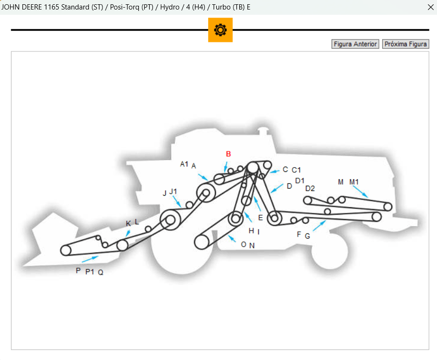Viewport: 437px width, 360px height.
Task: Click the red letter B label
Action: pyautogui.click(x=228, y=154)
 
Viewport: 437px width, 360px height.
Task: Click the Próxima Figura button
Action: pyautogui.click(x=406, y=44)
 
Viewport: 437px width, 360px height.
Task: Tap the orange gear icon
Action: pyautogui.click(x=220, y=30)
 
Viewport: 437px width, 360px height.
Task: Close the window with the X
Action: pyautogui.click(x=431, y=7)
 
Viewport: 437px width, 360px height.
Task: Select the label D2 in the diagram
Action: pyautogui.click(x=310, y=189)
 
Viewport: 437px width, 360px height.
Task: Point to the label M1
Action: pyautogui.click(x=354, y=182)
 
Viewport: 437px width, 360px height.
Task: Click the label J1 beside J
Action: pyautogui.click(x=173, y=191)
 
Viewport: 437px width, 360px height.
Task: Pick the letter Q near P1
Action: pyautogui.click(x=101, y=272)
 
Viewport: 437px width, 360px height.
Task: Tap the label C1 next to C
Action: pyautogui.click(x=296, y=170)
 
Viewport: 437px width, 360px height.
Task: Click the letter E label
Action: pyautogui.click(x=261, y=218)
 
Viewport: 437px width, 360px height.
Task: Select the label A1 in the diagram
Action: pyautogui.click(x=184, y=164)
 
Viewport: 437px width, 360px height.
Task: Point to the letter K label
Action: pyautogui.click(x=128, y=224)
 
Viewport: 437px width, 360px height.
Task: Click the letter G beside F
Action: pyautogui.click(x=307, y=236)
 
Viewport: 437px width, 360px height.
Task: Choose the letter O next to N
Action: pyautogui.click(x=244, y=244)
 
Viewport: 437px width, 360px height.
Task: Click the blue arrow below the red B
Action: pyautogui.click(x=226, y=167)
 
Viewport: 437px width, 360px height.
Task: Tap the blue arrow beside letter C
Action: pyautogui.click(x=274, y=171)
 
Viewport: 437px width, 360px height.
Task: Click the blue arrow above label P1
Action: pyautogui.click(x=90, y=259)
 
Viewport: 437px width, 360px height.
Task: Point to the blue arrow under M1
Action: pyautogui.click(x=360, y=191)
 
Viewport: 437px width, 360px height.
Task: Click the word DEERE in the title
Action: pyautogui.click(x=32, y=7)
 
